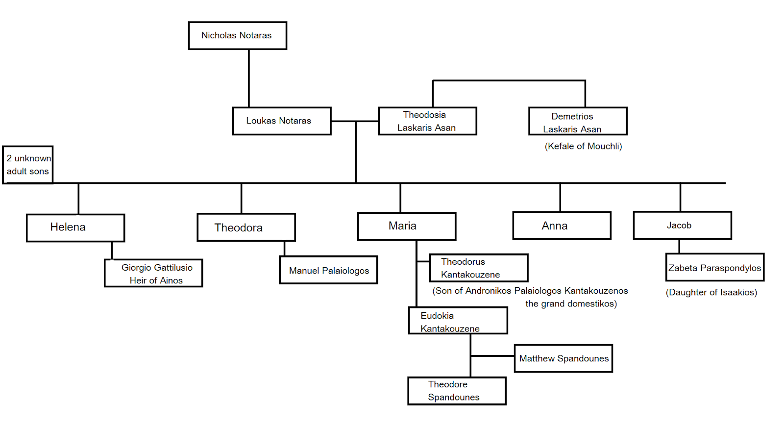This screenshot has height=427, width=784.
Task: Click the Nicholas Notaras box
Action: tap(237, 35)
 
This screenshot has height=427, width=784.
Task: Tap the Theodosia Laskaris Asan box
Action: tap(427, 121)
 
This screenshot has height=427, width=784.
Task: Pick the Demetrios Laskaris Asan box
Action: tap(578, 121)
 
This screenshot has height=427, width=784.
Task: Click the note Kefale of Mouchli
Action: tap(583, 146)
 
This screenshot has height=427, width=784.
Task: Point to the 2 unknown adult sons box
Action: tap(28, 165)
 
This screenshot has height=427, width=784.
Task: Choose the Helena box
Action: tap(75, 227)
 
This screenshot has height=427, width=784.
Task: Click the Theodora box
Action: tap(246, 227)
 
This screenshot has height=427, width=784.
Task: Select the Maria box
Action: tap(407, 226)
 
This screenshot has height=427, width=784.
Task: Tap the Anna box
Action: tap(562, 226)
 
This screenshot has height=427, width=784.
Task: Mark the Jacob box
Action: tap(682, 225)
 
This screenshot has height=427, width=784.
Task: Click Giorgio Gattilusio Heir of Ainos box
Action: tap(153, 273)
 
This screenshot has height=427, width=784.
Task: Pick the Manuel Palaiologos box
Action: tap(328, 270)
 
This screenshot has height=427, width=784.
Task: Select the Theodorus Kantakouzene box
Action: tap(478, 268)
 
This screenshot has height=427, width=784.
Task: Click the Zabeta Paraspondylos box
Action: tap(714, 267)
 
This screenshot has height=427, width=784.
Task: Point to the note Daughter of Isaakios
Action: tap(711, 292)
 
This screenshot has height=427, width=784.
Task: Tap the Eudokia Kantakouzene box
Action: tap(458, 321)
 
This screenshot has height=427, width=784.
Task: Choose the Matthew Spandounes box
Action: tap(563, 358)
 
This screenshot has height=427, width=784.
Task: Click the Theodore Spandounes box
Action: tap(457, 391)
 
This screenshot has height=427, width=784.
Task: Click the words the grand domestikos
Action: tap(571, 303)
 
